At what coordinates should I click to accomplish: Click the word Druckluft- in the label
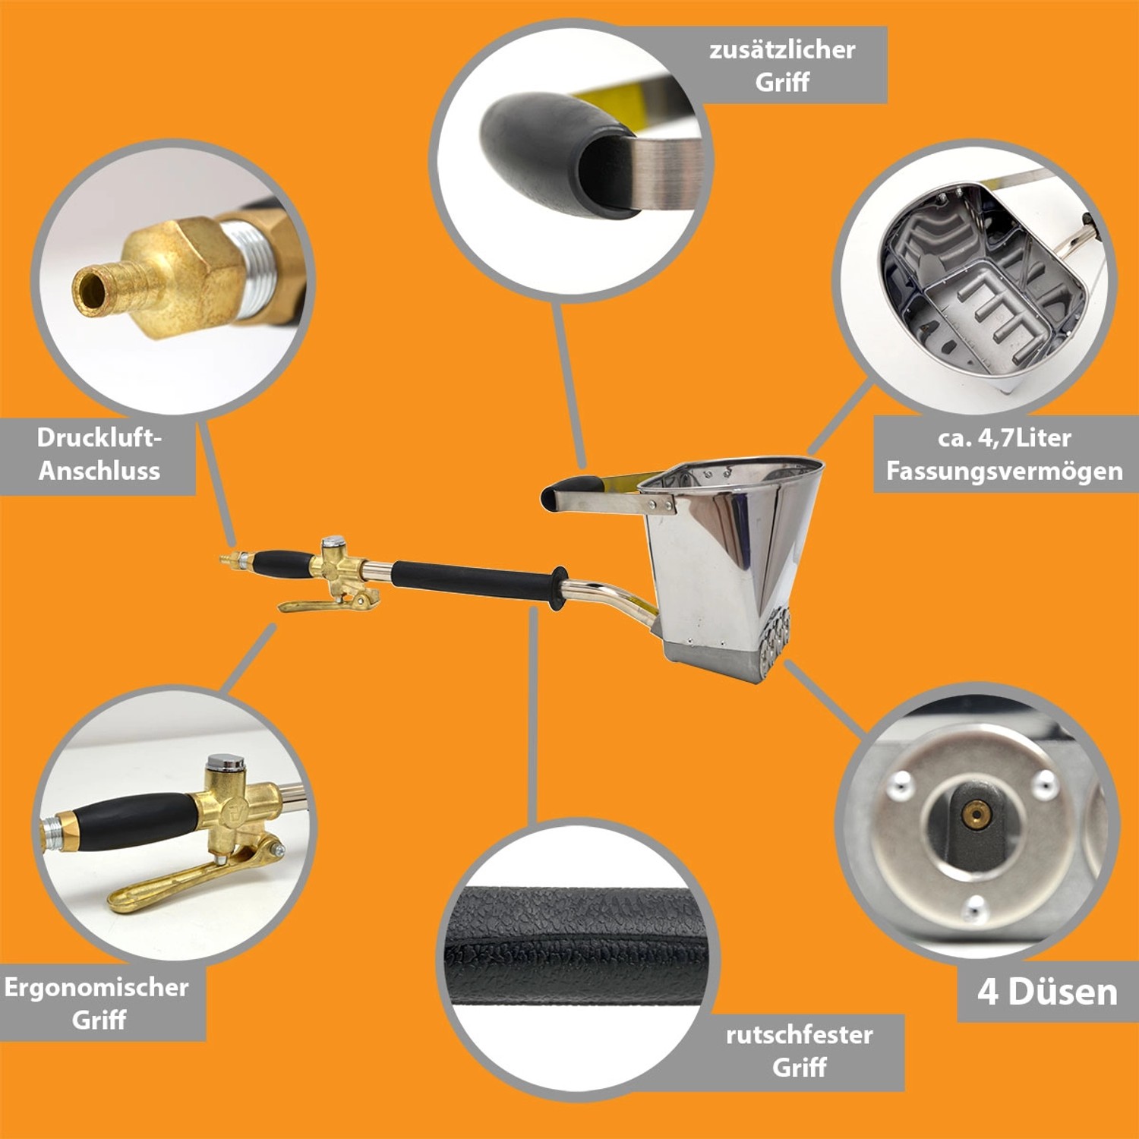coord(99,438)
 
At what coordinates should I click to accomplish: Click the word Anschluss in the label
coord(99,472)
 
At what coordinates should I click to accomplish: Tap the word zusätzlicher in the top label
coord(782,50)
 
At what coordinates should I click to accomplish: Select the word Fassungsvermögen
coord(1004,472)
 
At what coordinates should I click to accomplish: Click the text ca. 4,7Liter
coord(1004,438)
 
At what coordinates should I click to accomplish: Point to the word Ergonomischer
coord(96,987)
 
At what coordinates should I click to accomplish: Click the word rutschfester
coord(799,1035)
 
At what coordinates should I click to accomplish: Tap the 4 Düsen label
coord(1047,992)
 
